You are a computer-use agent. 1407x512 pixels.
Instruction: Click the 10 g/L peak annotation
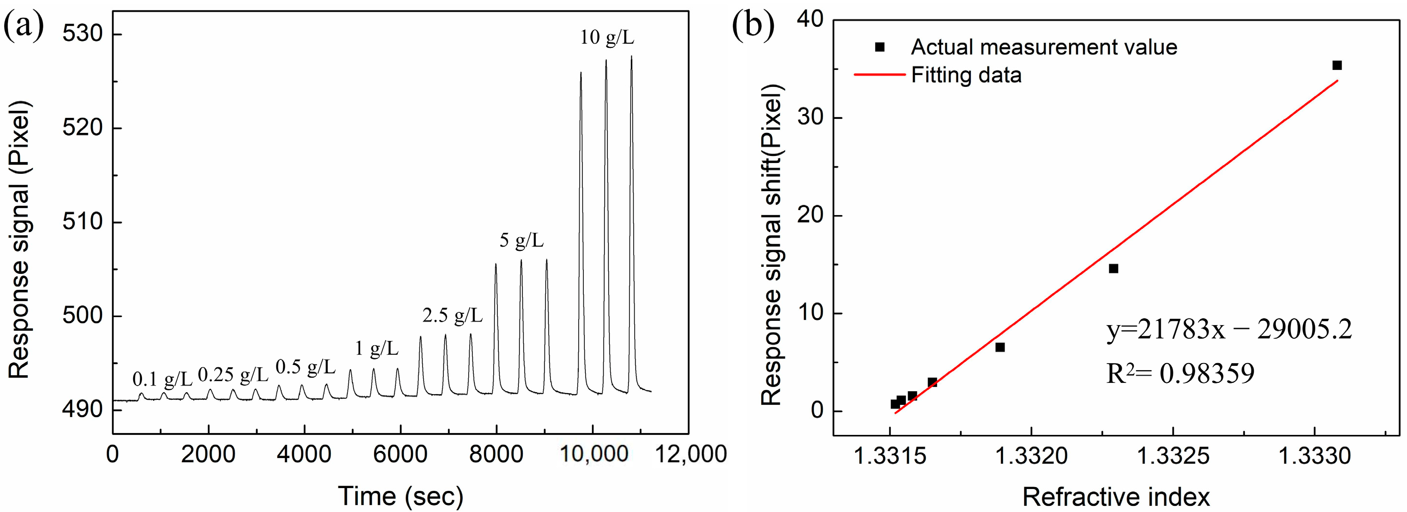pos(607,38)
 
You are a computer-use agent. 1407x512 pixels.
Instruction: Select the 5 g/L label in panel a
pos(522,240)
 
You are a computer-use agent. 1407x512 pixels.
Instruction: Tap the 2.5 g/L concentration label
pos(452,315)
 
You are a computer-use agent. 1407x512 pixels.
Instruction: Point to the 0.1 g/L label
pos(162,378)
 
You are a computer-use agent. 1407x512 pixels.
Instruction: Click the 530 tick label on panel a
pos(82,34)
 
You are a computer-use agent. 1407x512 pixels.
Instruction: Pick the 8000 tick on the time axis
pos(496,454)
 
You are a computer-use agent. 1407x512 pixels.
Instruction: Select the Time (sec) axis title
pos(401,496)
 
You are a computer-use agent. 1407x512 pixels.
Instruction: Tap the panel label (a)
pos(24,26)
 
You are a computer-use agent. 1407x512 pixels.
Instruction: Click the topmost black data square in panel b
pos(1336,65)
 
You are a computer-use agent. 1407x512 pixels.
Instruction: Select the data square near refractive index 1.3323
pos(1113,269)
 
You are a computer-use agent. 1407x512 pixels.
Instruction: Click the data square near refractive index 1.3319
pos(999,347)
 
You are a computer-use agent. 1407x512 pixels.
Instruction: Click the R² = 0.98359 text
pos(1180,374)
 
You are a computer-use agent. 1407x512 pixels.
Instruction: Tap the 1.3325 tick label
pos(1173,456)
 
